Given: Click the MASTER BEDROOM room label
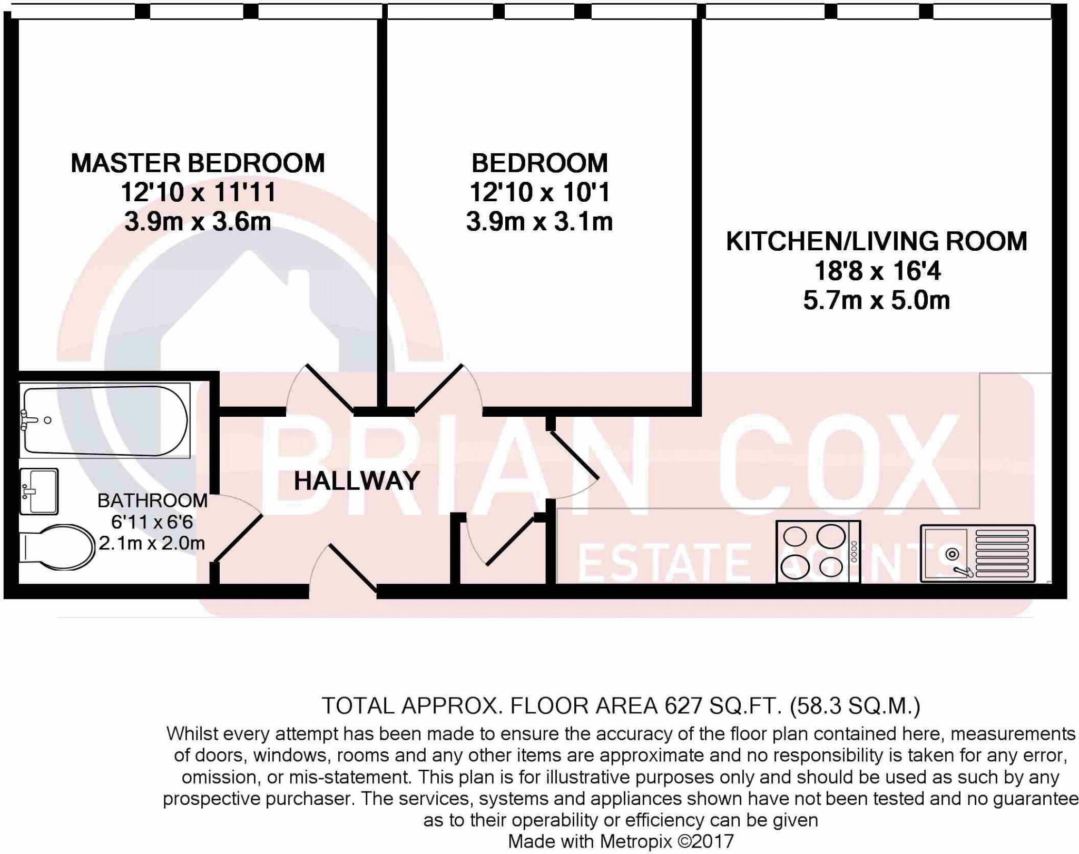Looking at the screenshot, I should [x=198, y=163].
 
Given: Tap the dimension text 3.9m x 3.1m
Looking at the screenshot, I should [x=539, y=222].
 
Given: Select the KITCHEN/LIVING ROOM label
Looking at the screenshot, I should [x=876, y=241].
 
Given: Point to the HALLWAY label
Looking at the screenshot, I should [x=357, y=481].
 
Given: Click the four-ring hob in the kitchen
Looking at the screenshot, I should [x=818, y=552].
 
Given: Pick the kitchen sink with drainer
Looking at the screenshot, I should [x=977, y=553].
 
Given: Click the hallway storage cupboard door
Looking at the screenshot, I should [x=501, y=543].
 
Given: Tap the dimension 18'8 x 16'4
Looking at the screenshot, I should [x=877, y=271].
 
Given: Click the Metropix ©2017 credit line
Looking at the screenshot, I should [x=620, y=841].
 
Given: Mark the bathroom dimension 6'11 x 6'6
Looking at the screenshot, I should [x=152, y=522].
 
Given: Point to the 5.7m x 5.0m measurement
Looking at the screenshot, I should [x=876, y=301].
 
